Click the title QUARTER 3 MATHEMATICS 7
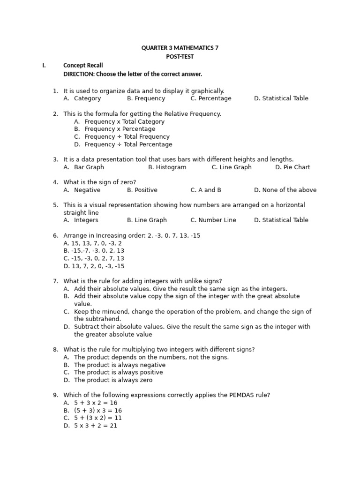(180, 48)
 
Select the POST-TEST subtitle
(180, 57)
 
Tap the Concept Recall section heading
(83, 65)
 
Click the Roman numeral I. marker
(44, 65)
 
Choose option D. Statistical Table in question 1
(281, 98)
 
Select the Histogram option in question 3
(167, 167)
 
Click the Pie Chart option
(292, 167)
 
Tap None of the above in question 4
(285, 190)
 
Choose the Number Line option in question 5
(213, 220)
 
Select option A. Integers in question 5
(81, 220)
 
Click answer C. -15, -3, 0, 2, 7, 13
(94, 258)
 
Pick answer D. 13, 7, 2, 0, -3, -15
(94, 266)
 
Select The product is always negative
(120, 365)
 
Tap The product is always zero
(113, 380)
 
